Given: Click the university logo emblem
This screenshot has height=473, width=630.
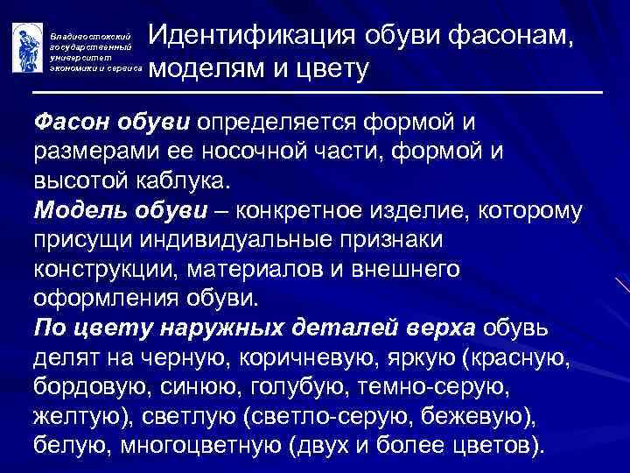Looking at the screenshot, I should tap(25, 46).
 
